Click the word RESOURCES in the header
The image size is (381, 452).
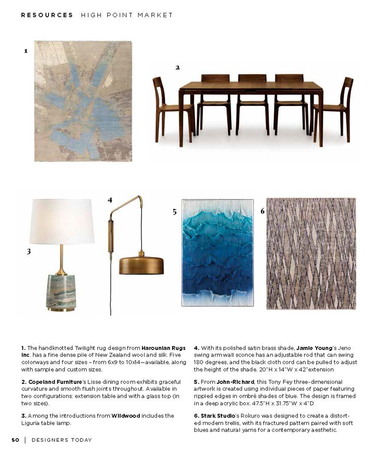[x=47, y=15]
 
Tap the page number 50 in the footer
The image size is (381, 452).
[x=15, y=440]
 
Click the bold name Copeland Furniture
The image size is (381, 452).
[x=55, y=382]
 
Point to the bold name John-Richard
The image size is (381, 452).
[x=235, y=382]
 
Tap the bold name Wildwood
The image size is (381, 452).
[x=126, y=416]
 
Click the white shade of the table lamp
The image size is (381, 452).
[x=62, y=220]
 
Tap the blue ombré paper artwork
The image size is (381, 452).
[x=217, y=253]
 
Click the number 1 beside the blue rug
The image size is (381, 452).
[x=26, y=51]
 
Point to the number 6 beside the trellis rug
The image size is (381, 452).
[x=262, y=211]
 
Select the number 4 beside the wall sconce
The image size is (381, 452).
[x=110, y=200]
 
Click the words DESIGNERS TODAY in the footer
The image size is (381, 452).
[x=62, y=440]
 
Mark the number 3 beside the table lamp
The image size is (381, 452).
[x=29, y=252]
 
